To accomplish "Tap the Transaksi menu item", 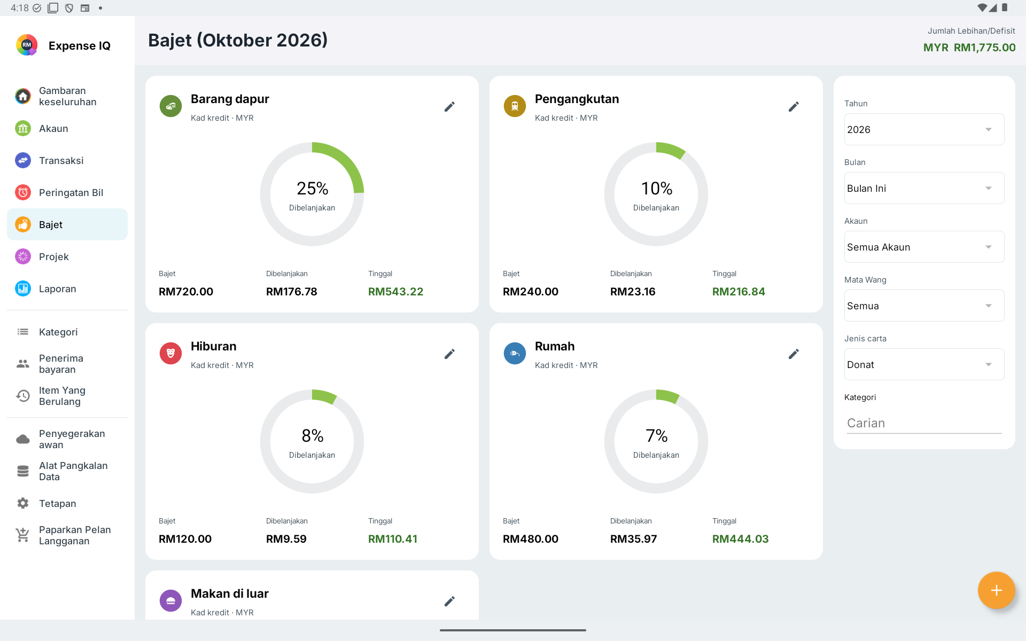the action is (x=61, y=160).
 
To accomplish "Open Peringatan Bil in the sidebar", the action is (x=71, y=192).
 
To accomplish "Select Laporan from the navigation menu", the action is (x=57, y=288).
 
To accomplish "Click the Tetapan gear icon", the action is (x=23, y=503).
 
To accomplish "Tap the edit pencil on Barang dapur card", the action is (x=450, y=107).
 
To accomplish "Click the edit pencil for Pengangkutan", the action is (x=794, y=107).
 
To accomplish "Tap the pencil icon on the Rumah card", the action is (x=794, y=354).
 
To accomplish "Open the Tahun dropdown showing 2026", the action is (x=924, y=129).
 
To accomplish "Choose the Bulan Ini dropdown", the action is (x=924, y=188).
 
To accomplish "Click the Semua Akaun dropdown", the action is (x=924, y=247).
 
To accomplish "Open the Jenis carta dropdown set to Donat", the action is (x=924, y=364).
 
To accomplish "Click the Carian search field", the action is (x=924, y=423).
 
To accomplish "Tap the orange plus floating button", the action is (x=996, y=590).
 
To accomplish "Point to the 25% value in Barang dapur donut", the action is (x=313, y=189).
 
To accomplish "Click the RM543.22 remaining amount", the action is (x=395, y=292).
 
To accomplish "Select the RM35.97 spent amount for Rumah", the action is (x=633, y=539).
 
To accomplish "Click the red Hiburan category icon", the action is (x=171, y=354).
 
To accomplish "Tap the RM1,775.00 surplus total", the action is (x=984, y=48).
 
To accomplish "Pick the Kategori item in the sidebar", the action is (x=58, y=332).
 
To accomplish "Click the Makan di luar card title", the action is (x=230, y=593).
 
